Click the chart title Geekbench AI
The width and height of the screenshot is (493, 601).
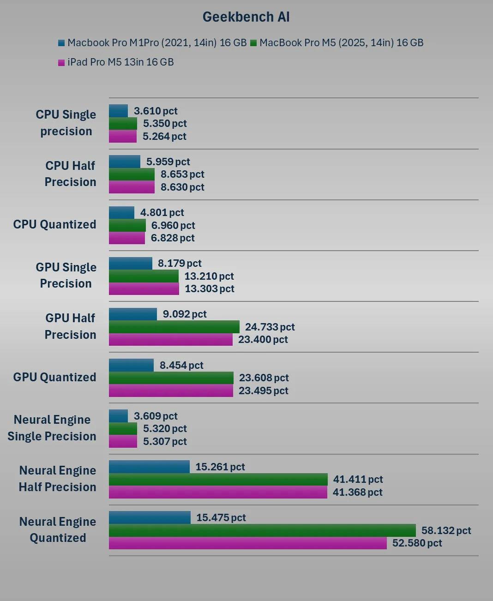[246, 17]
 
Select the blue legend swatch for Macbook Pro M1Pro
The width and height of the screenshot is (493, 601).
[61, 43]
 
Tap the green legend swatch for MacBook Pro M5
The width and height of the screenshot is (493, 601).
[253, 43]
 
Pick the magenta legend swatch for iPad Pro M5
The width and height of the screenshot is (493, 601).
[61, 62]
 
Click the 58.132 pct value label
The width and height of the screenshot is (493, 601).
[446, 530]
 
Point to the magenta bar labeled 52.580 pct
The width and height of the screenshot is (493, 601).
[247, 543]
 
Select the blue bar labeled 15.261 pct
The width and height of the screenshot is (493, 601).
[149, 467]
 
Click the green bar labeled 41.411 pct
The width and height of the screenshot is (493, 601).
[218, 480]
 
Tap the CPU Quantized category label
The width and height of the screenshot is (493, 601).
[55, 224]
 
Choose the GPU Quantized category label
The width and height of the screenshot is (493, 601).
[55, 377]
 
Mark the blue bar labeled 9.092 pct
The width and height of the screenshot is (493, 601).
[133, 314]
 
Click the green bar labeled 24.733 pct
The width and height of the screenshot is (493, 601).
[174, 327]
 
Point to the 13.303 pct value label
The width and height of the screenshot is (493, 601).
[210, 289]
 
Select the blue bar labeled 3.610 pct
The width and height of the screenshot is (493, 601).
[118, 111]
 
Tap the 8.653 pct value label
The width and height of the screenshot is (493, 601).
[182, 174]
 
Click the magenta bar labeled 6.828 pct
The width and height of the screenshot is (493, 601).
[127, 238]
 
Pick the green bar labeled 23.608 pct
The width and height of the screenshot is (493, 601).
[171, 378]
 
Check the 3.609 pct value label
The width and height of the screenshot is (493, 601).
[156, 416]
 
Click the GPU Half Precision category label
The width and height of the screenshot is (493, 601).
[70, 326]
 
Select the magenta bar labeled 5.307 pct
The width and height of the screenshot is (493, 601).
[123, 442]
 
